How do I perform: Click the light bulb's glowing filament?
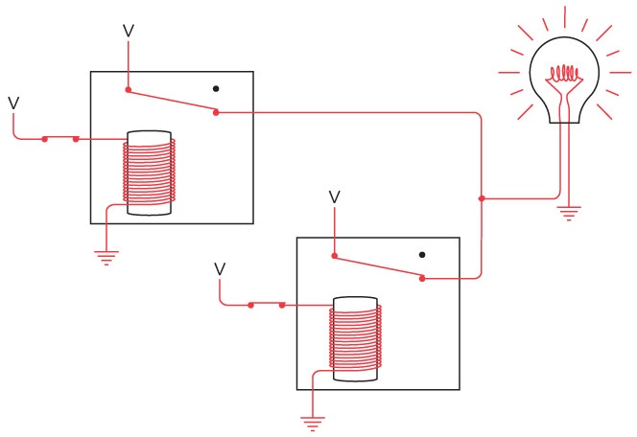[566, 73]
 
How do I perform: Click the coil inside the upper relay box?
[150, 172]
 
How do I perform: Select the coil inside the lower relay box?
[355, 339]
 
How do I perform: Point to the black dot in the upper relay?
[216, 89]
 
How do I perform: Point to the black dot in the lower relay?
[422, 255]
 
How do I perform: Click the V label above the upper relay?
[129, 31]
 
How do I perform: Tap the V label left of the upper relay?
[13, 102]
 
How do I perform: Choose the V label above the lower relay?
[334, 196]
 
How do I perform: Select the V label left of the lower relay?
[220, 268]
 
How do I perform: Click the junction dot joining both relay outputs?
[481, 198]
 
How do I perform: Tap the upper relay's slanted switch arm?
[173, 103]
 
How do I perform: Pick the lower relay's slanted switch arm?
[379, 267]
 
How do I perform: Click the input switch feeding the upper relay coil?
[60, 139]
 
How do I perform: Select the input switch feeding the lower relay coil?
[266, 305]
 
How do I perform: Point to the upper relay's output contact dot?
[216, 113]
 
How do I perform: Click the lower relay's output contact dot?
[423, 278]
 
